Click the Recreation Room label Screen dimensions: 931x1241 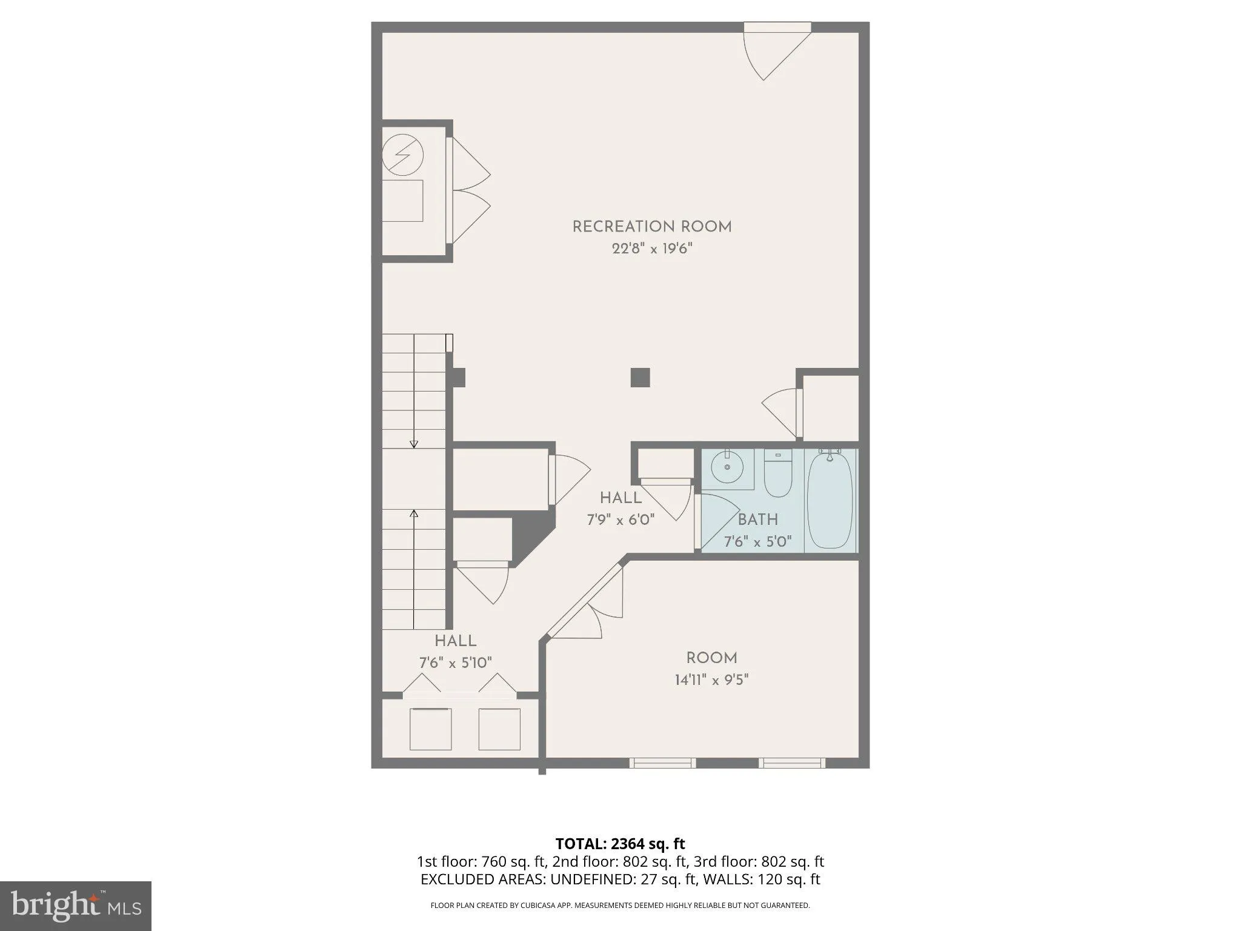(652, 227)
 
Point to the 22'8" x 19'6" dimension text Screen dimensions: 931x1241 (652, 249)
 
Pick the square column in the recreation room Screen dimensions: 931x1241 (640, 377)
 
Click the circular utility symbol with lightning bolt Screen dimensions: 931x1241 (403, 155)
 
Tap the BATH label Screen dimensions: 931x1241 (757, 519)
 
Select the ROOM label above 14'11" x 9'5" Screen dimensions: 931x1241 (711, 658)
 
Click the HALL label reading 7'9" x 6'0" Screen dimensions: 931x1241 (620, 498)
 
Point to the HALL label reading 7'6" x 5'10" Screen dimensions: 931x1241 (456, 641)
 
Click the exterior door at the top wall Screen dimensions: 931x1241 (777, 28)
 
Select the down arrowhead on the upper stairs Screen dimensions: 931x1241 (414, 444)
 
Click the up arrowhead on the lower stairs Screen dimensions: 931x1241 (414, 513)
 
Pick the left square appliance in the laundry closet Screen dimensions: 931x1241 (430, 729)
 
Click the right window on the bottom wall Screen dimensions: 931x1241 (791, 762)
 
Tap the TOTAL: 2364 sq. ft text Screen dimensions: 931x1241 (620, 843)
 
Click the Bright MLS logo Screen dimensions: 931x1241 (75, 906)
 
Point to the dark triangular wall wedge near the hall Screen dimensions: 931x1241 (530, 537)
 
